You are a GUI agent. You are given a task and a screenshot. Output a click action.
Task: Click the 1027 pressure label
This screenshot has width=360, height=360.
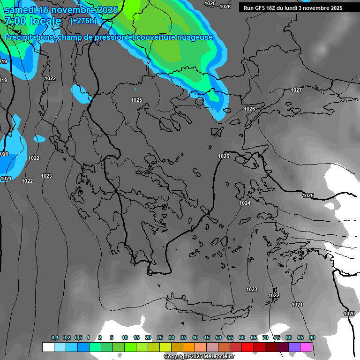click(296, 90)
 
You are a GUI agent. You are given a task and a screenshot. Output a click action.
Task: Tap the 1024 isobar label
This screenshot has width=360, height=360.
click(245, 203)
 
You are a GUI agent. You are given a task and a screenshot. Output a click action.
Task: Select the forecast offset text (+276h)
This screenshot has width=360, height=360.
click(83, 21)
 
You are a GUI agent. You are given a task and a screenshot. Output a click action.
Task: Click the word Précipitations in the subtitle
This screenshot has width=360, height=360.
click(30, 37)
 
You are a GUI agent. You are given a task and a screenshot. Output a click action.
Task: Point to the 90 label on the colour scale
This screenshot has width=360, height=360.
click(312, 338)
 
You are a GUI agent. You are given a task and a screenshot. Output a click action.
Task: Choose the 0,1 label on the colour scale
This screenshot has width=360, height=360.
click(55, 338)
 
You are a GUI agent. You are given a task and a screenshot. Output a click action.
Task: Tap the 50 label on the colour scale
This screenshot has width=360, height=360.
click(218, 338)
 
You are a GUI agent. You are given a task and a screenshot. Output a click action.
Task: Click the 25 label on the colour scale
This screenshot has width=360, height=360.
click(160, 338)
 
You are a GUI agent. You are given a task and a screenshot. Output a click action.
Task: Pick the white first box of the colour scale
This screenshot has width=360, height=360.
click(48, 347)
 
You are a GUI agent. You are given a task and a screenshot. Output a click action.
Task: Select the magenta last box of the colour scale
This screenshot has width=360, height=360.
click(307, 347)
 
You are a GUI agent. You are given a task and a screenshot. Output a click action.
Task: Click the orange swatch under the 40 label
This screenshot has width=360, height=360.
click(189, 347)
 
